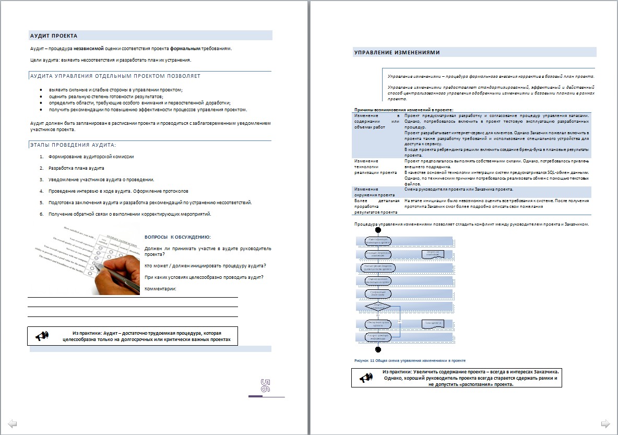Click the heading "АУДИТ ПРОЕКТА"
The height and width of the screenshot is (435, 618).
[54, 36]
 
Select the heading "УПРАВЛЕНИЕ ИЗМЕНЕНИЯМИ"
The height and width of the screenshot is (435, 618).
[397, 52]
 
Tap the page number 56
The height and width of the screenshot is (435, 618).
[265, 386]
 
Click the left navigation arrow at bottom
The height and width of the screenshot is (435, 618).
[13, 423]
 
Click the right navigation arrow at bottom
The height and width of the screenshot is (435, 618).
[605, 423]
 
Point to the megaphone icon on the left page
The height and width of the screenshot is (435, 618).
[42, 336]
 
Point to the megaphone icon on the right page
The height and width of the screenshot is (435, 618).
[365, 378]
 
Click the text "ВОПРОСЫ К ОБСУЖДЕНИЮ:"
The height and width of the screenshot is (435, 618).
[177, 237]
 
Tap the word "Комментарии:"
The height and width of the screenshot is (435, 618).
[160, 289]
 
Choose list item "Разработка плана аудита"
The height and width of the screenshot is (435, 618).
[76, 168]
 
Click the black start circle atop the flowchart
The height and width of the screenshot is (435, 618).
[378, 230]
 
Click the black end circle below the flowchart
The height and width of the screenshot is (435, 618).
[378, 349]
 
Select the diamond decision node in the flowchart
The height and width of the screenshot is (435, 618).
[378, 305]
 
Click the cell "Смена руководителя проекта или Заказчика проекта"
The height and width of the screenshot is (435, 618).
[459, 189]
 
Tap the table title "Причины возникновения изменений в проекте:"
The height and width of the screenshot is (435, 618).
[403, 110]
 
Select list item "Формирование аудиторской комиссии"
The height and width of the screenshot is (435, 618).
[91, 157]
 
